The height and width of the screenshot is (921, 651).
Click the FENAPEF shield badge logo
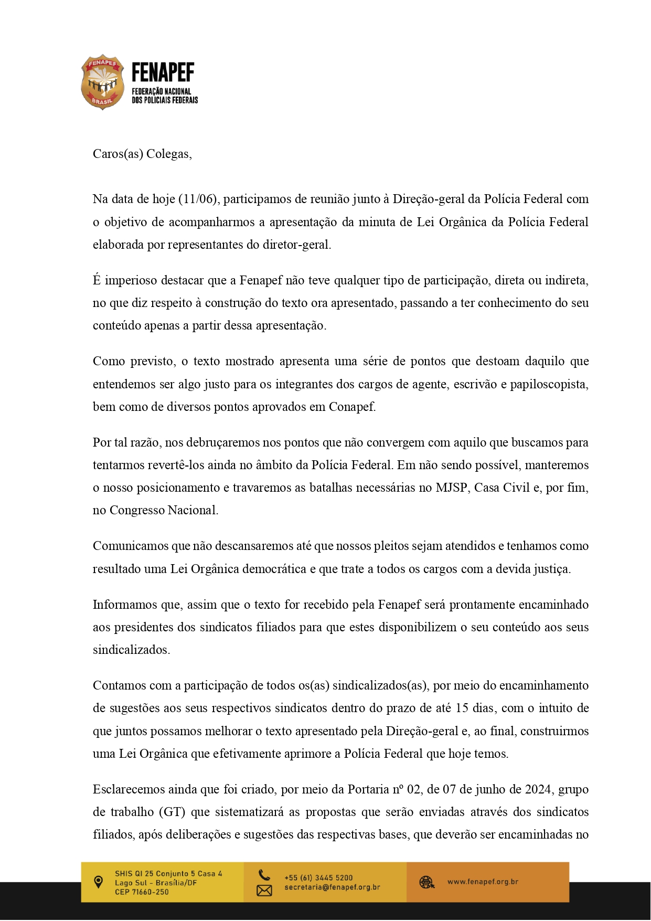coord(102,82)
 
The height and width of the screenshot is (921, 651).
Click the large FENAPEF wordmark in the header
coord(163,73)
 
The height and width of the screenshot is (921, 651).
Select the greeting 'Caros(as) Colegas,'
coord(142,154)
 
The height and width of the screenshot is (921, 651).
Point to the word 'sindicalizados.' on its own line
coord(131,650)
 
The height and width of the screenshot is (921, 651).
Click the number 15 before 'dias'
coord(462,708)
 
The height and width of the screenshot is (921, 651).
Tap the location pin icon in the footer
coord(98,882)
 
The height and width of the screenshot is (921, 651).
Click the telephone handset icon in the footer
coord(264,875)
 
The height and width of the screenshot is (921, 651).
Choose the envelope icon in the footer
coord(264,890)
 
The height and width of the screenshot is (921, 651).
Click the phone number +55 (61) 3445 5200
coord(318,877)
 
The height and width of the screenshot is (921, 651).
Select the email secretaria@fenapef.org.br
coord(332,887)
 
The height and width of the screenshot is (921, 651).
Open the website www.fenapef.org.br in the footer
coord(483,882)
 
